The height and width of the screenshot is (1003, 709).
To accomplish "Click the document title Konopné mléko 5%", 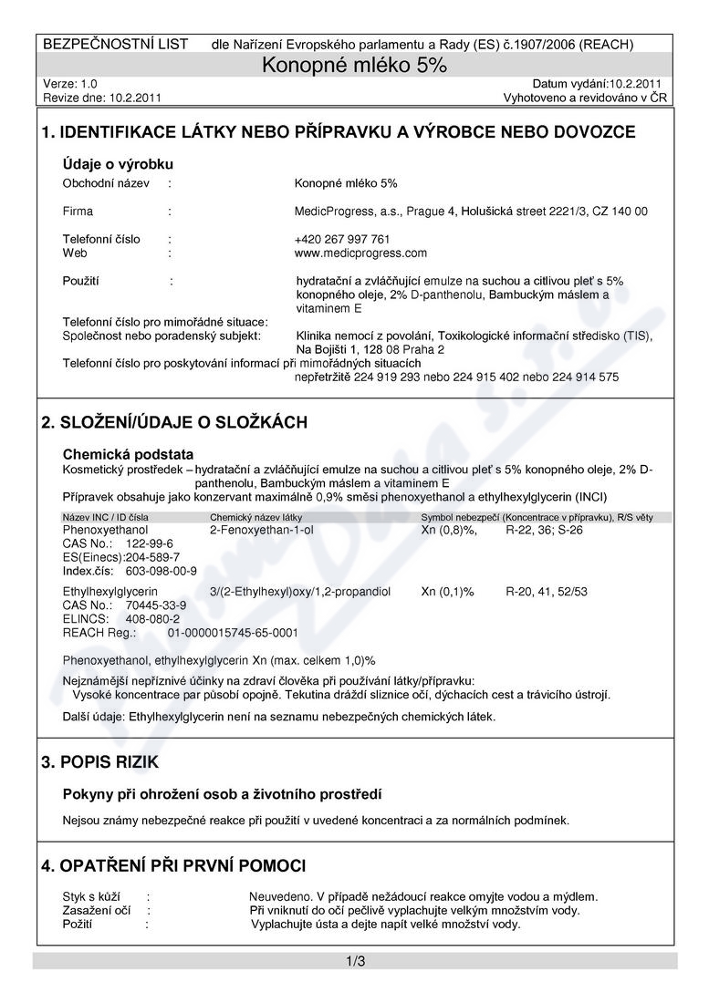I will [355, 65].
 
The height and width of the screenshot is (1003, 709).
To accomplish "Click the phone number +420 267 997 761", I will [342, 240].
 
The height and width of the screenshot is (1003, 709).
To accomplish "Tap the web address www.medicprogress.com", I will [361, 253].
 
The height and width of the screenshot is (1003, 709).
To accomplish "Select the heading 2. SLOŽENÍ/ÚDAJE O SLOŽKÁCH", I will [174, 422].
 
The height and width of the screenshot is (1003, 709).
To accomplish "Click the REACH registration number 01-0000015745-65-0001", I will [234, 632].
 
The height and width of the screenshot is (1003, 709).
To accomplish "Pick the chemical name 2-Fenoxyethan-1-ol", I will [261, 529].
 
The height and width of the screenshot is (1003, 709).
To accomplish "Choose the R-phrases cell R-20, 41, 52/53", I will [547, 592].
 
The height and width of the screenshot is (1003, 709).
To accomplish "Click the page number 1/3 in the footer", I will [355, 961].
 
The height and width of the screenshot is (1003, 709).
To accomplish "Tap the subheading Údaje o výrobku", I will [118, 164].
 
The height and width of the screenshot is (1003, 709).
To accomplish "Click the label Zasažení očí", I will [96, 910].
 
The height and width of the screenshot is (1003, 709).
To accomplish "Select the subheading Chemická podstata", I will [128, 454].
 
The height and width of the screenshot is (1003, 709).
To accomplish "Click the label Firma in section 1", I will [78, 212].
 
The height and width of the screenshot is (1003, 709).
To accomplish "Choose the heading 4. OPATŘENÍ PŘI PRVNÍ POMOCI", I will [173, 865].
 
